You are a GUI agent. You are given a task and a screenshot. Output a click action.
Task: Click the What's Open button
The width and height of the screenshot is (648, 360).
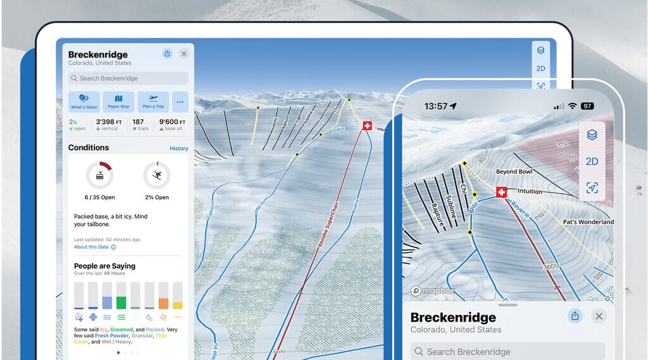click(84, 101)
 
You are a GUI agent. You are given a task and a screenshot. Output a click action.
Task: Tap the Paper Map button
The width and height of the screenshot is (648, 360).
click(119, 101)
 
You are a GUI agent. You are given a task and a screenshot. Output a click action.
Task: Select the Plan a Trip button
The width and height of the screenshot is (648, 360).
click(153, 101)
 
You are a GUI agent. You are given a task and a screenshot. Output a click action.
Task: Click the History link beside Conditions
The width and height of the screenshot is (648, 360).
click(178, 149)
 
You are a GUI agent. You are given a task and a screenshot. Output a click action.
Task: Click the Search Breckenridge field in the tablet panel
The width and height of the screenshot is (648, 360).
click(128, 78)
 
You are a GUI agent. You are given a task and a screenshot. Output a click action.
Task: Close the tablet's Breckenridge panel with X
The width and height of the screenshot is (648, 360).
click(184, 54)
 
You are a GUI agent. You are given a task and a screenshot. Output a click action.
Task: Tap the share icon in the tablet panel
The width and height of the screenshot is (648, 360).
click(167, 54)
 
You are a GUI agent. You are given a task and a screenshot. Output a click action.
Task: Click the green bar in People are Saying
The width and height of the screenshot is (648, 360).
click(121, 295)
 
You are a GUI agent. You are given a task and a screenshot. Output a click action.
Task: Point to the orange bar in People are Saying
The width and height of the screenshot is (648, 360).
click(163, 295)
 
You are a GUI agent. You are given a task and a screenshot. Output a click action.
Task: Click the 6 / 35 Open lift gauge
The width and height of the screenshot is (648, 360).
click(99, 175)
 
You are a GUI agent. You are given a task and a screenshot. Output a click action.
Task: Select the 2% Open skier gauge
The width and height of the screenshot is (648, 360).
click(156, 175)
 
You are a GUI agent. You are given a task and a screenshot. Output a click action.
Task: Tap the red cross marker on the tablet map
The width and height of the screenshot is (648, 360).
click(367, 126)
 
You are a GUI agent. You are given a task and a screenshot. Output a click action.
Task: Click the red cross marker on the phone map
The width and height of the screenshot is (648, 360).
click(502, 192)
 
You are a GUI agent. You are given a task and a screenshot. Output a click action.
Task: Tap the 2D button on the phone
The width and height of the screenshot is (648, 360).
click(592, 161)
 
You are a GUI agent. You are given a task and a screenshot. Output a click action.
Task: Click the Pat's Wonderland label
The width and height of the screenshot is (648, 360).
click(588, 222)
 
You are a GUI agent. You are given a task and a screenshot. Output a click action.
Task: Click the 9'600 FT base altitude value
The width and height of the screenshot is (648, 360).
click(173, 122)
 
